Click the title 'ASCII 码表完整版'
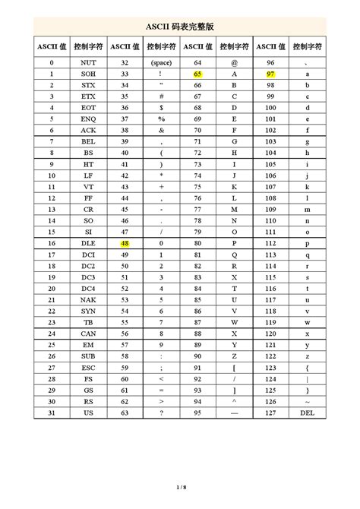click(180, 26)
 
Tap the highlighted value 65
click(197, 74)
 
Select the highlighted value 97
click(270, 74)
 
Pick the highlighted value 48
click(125, 244)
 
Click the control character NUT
click(88, 62)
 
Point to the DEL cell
click(307, 413)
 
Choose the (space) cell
click(161, 62)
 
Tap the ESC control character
click(88, 365)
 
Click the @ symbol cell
click(234, 62)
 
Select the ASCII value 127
click(270, 413)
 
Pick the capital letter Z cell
click(234, 353)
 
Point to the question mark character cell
click(161, 413)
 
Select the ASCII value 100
click(270, 111)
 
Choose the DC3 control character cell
click(88, 280)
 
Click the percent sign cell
click(161, 123)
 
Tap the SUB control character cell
click(88, 353)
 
